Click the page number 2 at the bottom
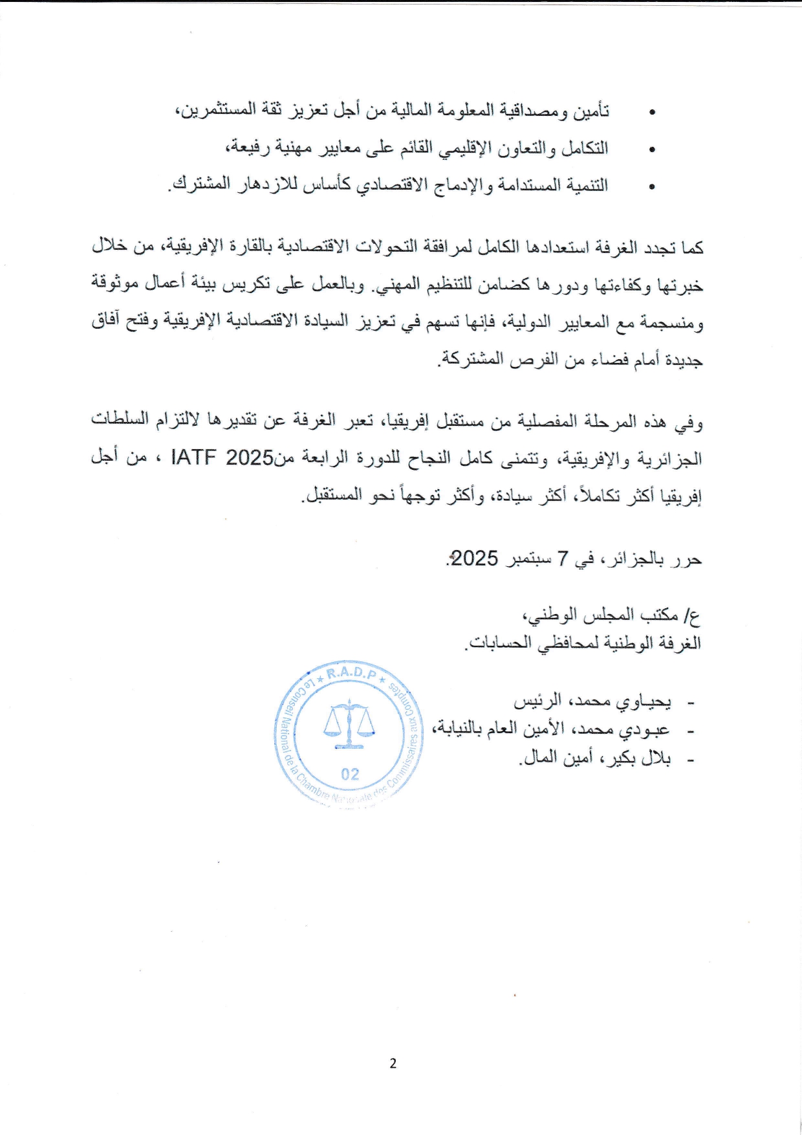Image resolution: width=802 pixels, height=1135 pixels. click(x=393, y=1063)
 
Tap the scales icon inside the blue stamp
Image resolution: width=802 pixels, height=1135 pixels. click(x=349, y=724)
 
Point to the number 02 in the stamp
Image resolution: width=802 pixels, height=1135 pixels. click(x=350, y=774)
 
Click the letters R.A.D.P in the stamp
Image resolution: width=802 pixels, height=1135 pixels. click(x=351, y=674)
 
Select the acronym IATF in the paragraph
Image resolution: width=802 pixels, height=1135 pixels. click(x=194, y=458)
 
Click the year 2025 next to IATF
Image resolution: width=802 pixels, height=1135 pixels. click(x=250, y=458)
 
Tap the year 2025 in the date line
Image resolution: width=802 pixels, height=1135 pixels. click(x=474, y=558)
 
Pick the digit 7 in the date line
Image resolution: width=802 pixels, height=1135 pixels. click(x=562, y=558)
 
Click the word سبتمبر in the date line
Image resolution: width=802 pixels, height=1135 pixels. click(x=529, y=558)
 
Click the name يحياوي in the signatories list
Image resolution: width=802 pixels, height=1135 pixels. click(x=642, y=701)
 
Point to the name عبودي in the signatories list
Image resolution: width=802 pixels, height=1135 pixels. click(x=642, y=730)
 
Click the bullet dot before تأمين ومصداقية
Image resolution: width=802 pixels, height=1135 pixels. click(x=652, y=113)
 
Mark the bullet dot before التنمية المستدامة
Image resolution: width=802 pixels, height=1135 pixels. click(x=652, y=188)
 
